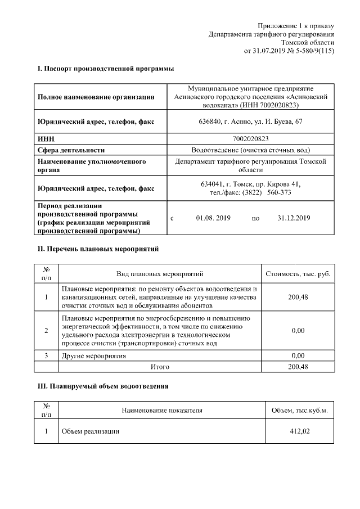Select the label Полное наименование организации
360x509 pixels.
[x=96, y=97]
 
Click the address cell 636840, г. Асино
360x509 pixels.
[x=250, y=121]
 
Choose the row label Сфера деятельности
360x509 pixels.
[x=71, y=150]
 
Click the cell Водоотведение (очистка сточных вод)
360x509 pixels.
[x=250, y=150]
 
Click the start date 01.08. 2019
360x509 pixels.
[x=213, y=218]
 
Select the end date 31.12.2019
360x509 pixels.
[x=294, y=218]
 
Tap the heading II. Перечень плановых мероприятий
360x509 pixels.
[x=98, y=248]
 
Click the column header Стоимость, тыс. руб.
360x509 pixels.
[x=298, y=274]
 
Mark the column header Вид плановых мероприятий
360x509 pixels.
[x=160, y=274]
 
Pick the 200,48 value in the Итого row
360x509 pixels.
[x=298, y=367]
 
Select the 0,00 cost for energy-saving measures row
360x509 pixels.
[x=298, y=331]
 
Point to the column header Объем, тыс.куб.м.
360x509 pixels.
[x=299, y=411]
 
